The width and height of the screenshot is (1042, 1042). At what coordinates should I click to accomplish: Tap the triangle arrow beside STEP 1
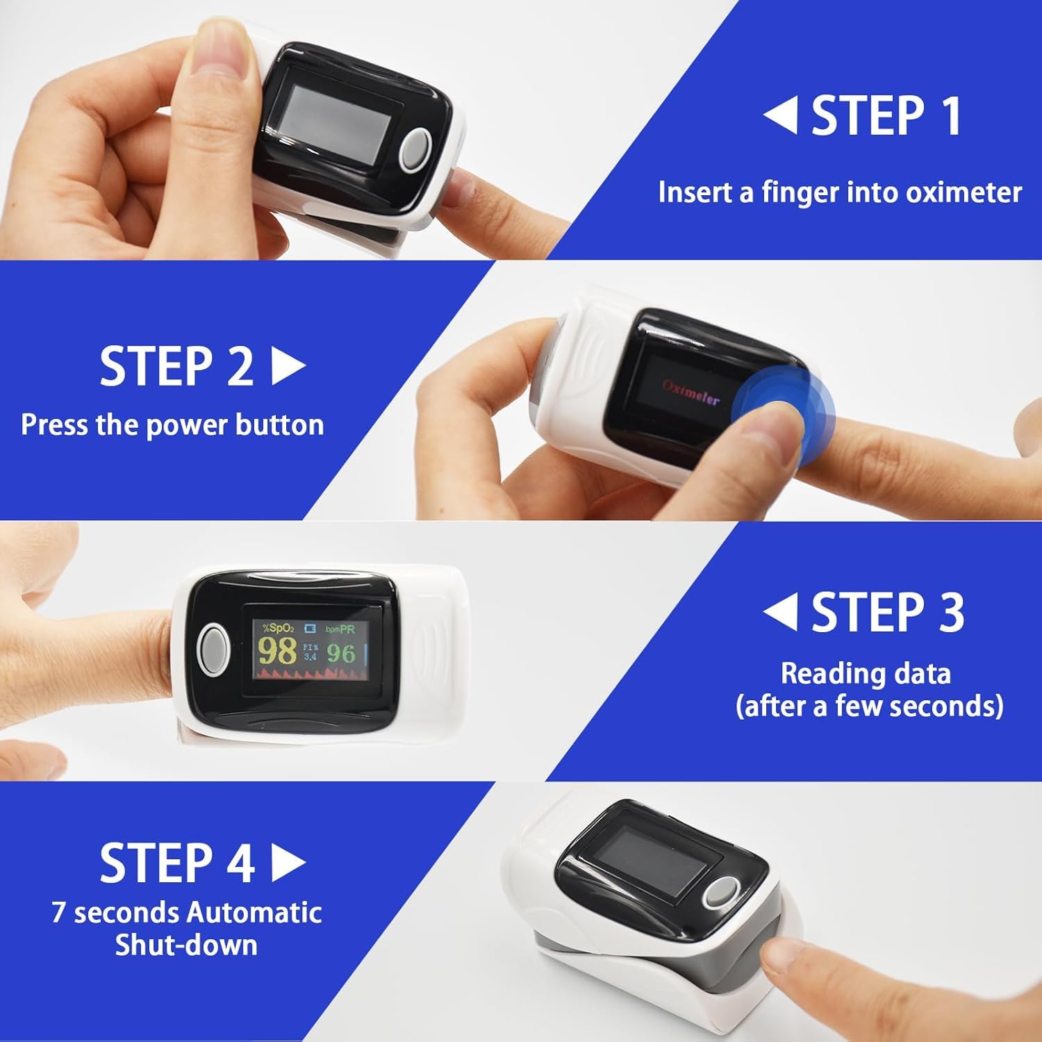781,115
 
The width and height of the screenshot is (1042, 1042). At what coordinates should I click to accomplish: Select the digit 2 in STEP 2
240,366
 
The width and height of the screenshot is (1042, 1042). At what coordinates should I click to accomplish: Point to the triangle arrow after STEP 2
288,366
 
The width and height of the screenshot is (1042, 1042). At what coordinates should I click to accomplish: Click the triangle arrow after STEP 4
288,863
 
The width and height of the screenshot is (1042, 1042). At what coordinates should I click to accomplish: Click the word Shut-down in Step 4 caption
186,945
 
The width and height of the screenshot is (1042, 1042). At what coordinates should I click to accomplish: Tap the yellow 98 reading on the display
277,652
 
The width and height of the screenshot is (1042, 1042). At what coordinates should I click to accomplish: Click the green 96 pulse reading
341,653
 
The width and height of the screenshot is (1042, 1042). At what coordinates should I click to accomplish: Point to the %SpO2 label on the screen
278,628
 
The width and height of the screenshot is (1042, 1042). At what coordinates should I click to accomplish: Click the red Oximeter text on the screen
690,393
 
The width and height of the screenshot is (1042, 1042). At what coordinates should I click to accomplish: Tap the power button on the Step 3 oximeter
213,649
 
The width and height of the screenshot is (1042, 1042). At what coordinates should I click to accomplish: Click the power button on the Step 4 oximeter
722,893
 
